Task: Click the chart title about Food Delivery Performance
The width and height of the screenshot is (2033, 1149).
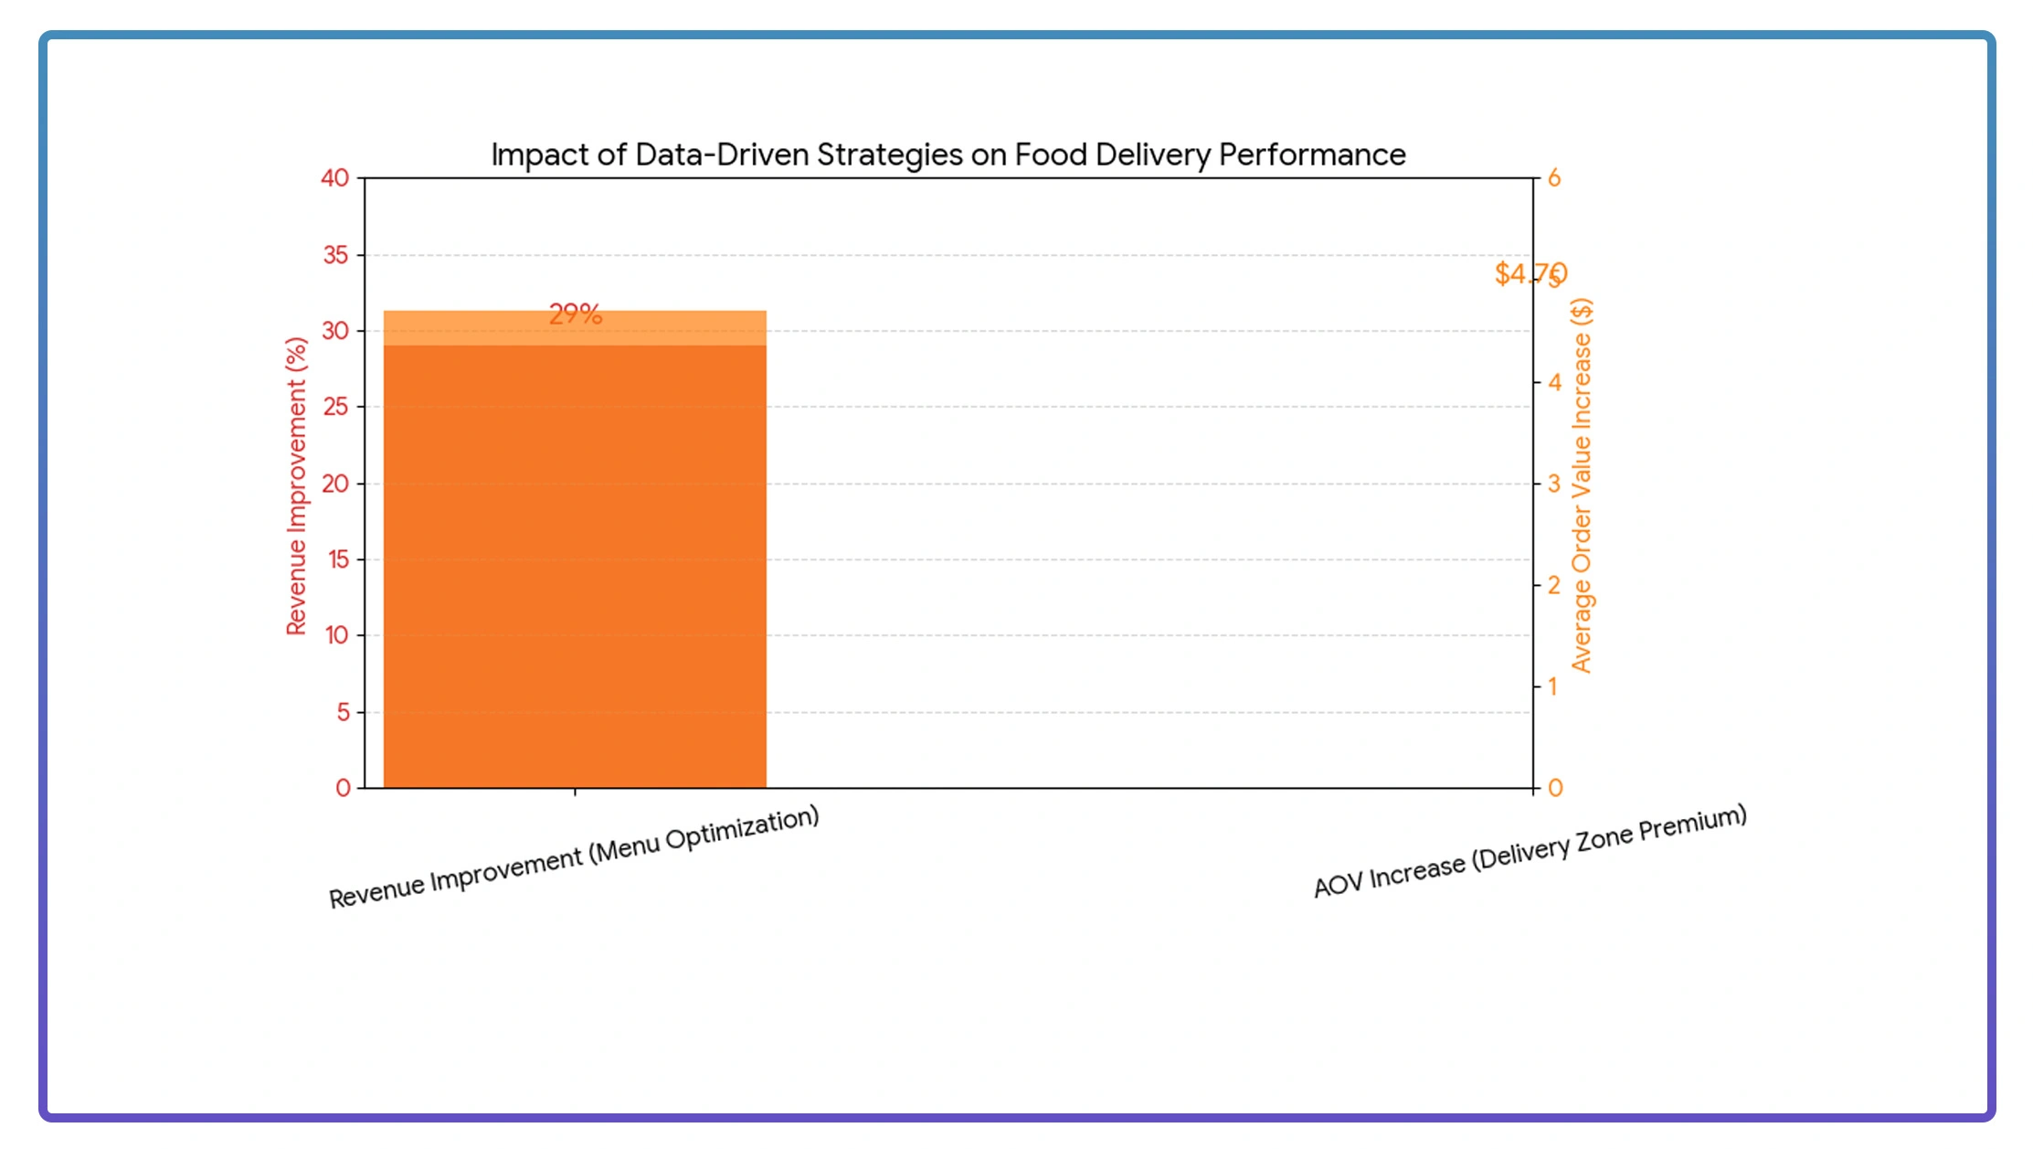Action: (948, 154)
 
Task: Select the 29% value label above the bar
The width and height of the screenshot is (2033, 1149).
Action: (575, 314)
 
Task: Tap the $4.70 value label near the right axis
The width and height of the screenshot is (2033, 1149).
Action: (1530, 273)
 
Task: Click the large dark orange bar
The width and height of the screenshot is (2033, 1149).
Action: (574, 567)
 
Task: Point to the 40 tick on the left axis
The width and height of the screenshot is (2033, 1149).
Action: (334, 178)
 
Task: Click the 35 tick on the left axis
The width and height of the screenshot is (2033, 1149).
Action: (335, 255)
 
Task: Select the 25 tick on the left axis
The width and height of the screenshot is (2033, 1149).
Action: (335, 407)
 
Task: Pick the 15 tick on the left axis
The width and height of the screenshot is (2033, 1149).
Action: (337, 559)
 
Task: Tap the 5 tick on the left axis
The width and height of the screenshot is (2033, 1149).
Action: (343, 712)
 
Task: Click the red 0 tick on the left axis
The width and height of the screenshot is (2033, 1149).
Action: (343, 788)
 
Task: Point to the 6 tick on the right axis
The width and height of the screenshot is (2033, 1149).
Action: (1554, 178)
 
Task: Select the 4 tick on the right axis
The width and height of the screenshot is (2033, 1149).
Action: (1554, 382)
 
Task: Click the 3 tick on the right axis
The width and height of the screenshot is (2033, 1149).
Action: (1554, 484)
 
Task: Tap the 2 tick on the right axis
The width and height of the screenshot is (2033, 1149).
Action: (1554, 585)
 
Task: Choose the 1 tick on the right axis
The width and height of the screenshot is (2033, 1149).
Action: (1552, 686)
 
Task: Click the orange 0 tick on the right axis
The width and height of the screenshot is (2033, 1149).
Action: (1555, 788)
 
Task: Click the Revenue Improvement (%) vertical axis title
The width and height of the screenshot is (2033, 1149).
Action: (296, 485)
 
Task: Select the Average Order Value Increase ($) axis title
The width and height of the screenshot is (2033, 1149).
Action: (1582, 485)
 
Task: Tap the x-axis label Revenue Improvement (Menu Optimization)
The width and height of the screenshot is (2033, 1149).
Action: (574, 856)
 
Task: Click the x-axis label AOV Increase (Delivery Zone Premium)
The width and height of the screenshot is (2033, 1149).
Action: (1530, 851)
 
